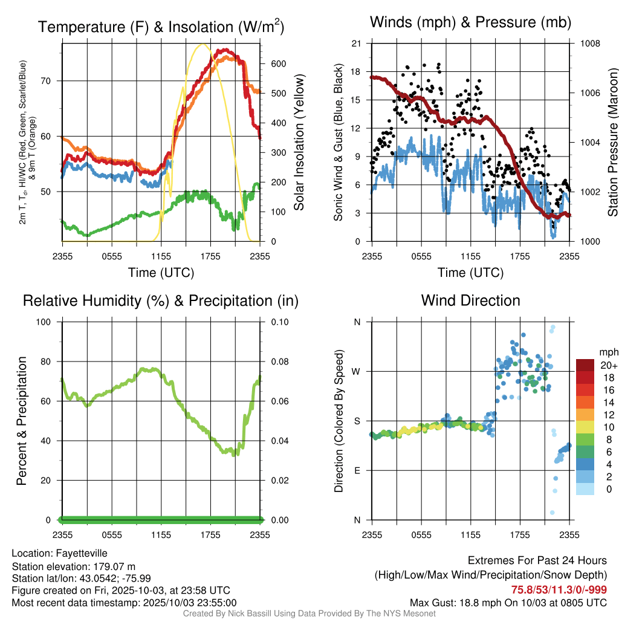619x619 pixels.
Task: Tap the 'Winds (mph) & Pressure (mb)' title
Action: click(x=470, y=23)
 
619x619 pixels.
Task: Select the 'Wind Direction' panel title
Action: click(x=470, y=300)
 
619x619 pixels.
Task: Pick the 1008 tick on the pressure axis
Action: click(x=590, y=44)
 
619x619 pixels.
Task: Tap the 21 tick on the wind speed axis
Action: click(x=356, y=44)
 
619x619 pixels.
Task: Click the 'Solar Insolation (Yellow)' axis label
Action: click(x=299, y=143)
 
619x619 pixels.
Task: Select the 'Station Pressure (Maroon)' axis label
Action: click(x=612, y=143)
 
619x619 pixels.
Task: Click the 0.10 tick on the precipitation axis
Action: click(x=279, y=322)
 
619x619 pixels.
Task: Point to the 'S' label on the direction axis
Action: click(x=357, y=421)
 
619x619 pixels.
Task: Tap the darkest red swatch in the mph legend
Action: click(x=585, y=365)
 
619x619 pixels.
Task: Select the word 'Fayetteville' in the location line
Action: click(x=82, y=553)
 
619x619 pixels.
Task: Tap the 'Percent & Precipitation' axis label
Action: click(x=22, y=421)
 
